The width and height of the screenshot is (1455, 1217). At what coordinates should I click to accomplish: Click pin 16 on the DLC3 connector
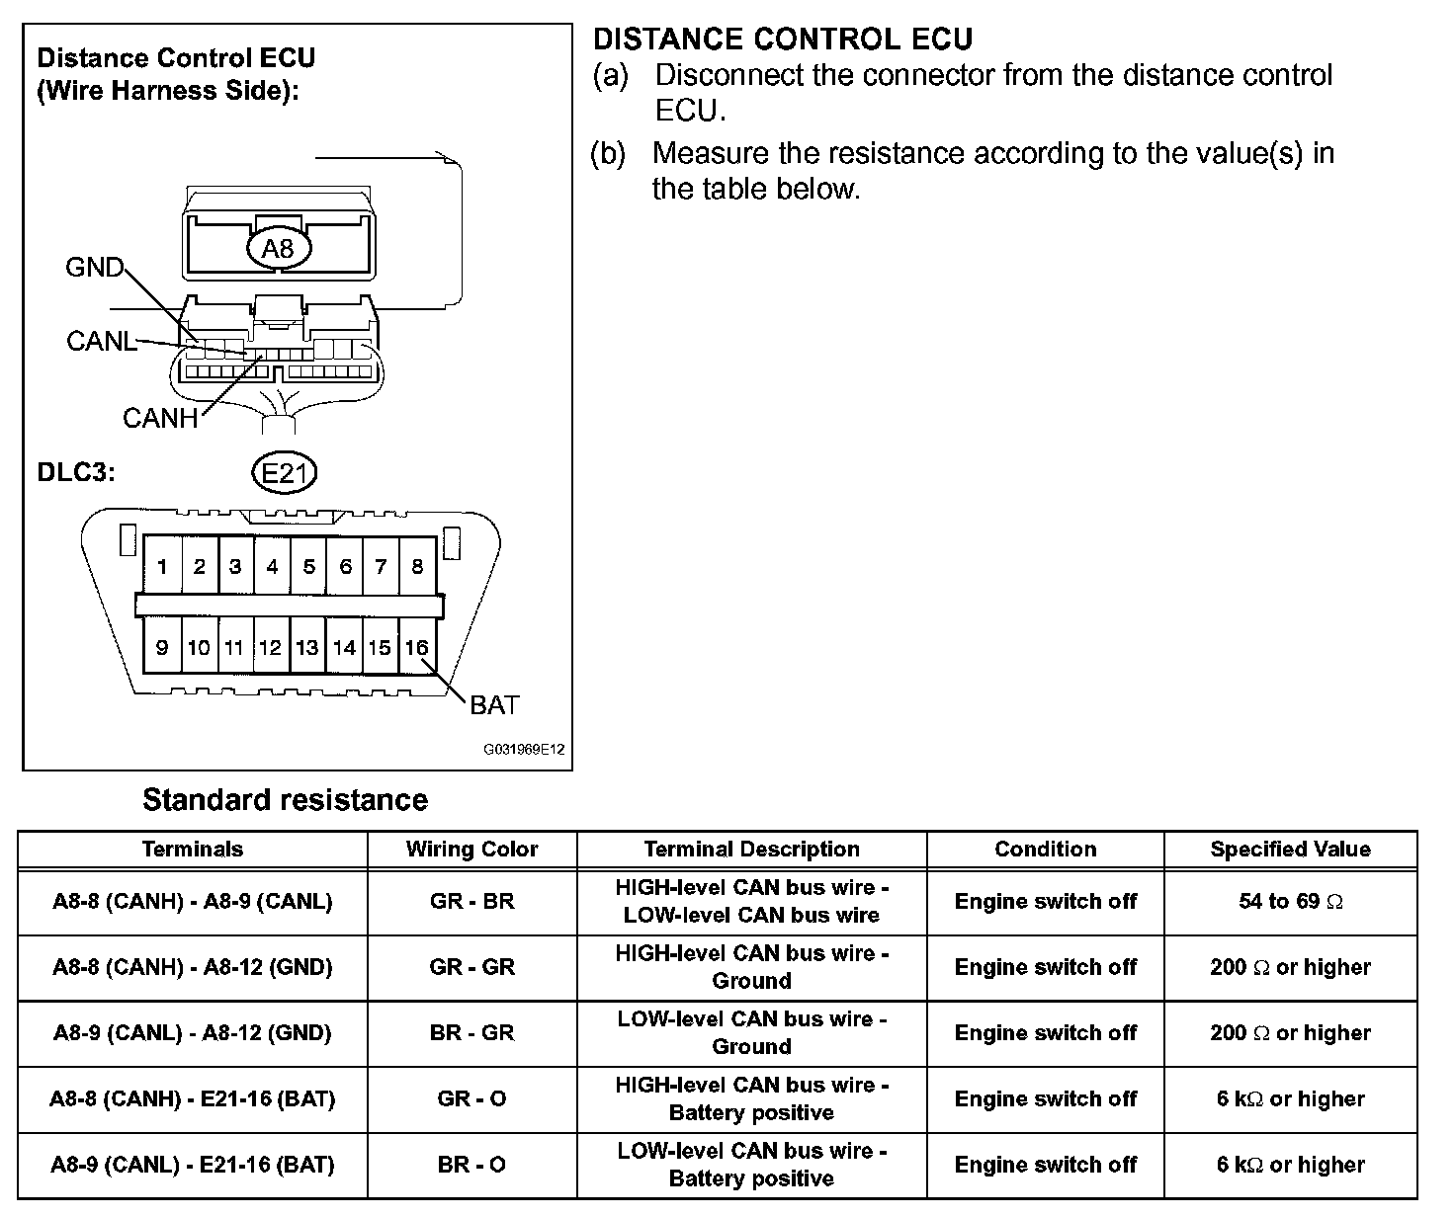pyautogui.click(x=416, y=647)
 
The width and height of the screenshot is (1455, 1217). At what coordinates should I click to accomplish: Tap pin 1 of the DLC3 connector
pyautogui.click(x=162, y=566)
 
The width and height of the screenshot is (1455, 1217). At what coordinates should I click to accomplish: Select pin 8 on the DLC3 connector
pyautogui.click(x=417, y=566)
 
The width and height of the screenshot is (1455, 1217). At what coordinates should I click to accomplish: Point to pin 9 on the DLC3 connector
pyautogui.click(x=162, y=647)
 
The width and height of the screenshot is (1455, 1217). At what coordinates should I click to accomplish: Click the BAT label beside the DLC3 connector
pyautogui.click(x=494, y=704)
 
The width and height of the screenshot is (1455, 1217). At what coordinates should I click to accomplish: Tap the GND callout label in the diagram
pyautogui.click(x=94, y=267)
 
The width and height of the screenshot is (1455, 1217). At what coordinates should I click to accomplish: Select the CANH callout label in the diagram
pyautogui.click(x=160, y=418)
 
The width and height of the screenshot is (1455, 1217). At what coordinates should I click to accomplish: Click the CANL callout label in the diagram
pyautogui.click(x=101, y=341)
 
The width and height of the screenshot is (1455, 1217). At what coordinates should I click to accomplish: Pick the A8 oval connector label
pyautogui.click(x=278, y=248)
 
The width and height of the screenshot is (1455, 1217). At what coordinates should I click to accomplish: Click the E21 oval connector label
pyautogui.click(x=285, y=474)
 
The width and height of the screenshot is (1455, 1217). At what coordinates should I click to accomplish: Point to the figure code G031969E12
pyautogui.click(x=524, y=750)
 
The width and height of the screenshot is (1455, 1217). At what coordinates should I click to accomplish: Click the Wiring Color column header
pyautogui.click(x=471, y=850)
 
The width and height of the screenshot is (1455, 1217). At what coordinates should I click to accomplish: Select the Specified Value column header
pyautogui.click(x=1290, y=850)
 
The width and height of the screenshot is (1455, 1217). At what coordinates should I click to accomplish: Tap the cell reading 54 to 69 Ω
pyautogui.click(x=1290, y=901)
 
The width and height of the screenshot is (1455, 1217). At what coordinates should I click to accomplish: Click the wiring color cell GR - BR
pyautogui.click(x=471, y=901)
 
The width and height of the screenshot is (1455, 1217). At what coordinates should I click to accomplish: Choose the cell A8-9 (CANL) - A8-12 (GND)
pyautogui.click(x=193, y=1032)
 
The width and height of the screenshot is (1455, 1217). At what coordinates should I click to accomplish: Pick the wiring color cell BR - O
pyautogui.click(x=471, y=1165)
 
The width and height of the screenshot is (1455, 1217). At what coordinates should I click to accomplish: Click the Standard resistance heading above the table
pyautogui.click(x=285, y=799)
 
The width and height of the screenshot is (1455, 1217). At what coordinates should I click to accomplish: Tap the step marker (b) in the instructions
pyautogui.click(x=608, y=153)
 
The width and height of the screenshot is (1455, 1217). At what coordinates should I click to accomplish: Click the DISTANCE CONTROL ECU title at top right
pyautogui.click(x=783, y=40)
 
